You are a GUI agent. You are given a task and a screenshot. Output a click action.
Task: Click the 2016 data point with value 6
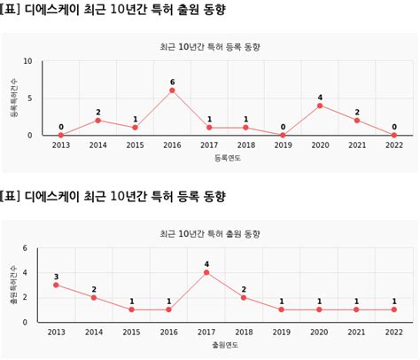pos(172,90)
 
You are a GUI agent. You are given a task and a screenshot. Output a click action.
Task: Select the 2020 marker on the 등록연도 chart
pos(320,106)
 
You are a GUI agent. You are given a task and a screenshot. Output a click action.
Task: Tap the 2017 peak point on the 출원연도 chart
pos(206,272)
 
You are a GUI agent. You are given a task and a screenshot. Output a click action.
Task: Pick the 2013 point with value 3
pos(56,285)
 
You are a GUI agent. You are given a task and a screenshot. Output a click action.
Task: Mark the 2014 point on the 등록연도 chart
pos(97,121)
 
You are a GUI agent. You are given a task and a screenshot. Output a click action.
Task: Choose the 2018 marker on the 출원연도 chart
pos(244,297)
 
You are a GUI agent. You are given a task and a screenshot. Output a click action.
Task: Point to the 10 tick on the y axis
pos(27,61)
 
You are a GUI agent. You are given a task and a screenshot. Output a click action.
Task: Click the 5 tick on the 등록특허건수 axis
pos(30,98)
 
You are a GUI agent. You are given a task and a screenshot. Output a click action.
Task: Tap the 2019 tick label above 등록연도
pos(283,145)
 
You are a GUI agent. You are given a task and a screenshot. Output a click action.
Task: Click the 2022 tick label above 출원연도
pos(393,332)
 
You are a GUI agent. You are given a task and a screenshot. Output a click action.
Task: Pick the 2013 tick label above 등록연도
pos(60,145)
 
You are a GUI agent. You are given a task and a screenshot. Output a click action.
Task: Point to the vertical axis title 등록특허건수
pos(13,98)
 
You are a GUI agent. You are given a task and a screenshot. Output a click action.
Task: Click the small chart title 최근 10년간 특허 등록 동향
pos(209,45)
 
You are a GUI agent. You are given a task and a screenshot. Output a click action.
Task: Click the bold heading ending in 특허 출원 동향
pos(113,10)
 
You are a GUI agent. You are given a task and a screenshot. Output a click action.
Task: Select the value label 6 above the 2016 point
pos(172,82)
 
